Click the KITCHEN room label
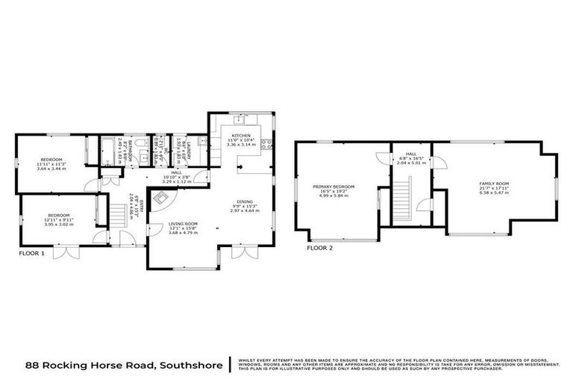pos(240,136)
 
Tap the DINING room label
pos(243,201)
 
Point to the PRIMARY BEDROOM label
pos(333,187)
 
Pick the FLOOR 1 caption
pos(32,254)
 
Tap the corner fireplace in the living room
pos(160,198)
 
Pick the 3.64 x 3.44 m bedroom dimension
pos(52,169)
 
